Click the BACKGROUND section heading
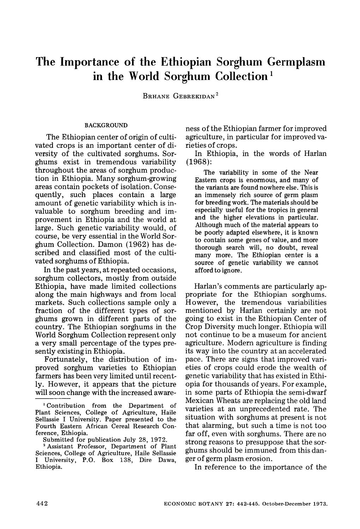[x=106, y=125]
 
